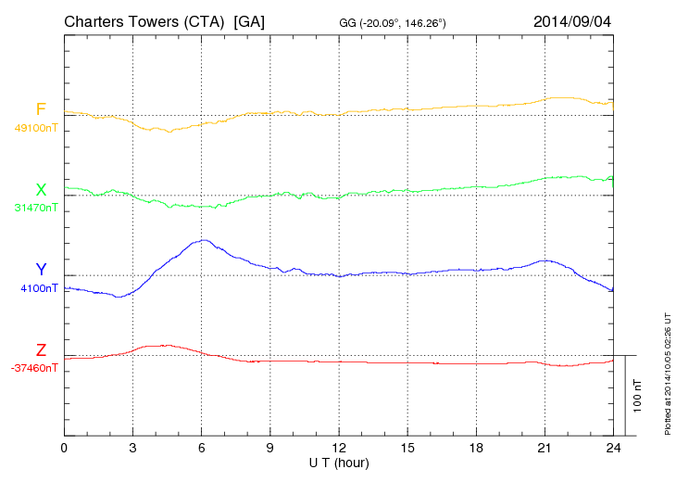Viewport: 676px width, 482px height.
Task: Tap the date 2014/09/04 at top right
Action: point(572,21)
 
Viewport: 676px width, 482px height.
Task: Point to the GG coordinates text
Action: point(394,22)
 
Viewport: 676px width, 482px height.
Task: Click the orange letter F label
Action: point(41,110)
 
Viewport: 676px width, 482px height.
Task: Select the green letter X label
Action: point(41,190)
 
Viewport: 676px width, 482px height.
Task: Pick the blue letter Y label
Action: point(41,270)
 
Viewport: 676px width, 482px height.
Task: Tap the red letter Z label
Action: point(41,350)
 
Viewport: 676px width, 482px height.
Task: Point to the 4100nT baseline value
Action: point(39,288)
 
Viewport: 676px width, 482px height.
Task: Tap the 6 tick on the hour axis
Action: point(202,448)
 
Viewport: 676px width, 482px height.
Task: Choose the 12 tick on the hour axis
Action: point(339,448)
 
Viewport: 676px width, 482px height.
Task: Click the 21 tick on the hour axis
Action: point(545,448)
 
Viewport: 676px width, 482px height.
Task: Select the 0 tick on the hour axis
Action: point(64,448)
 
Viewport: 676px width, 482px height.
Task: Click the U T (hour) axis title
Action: point(339,462)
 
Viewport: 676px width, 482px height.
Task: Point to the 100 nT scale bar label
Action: point(638,395)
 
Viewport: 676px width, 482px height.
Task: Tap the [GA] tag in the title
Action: point(250,21)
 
